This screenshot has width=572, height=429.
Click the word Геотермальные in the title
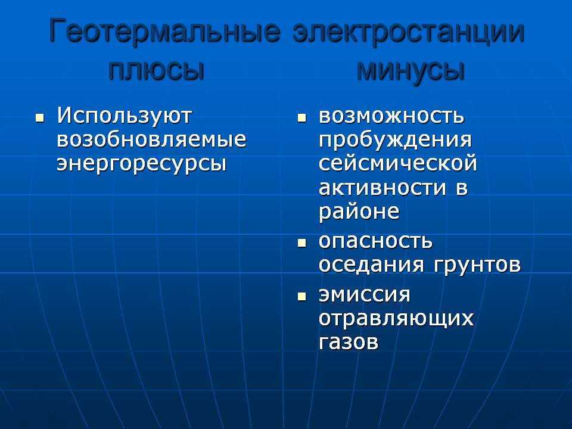coord(165,32)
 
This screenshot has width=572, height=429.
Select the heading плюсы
coord(156,71)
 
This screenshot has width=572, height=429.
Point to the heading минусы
coord(411,71)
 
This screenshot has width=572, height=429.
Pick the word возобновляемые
coord(151,140)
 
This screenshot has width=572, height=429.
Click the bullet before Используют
coord(40,118)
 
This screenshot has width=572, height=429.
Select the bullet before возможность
coord(301,118)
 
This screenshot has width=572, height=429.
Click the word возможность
coord(391,117)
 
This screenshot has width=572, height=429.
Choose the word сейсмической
coord(397,163)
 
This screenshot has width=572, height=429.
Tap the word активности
coord(383,188)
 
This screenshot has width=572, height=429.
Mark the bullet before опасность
coord(301,243)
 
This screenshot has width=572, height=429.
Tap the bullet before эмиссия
coord(301,296)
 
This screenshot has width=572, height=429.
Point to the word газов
coord(349,343)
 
